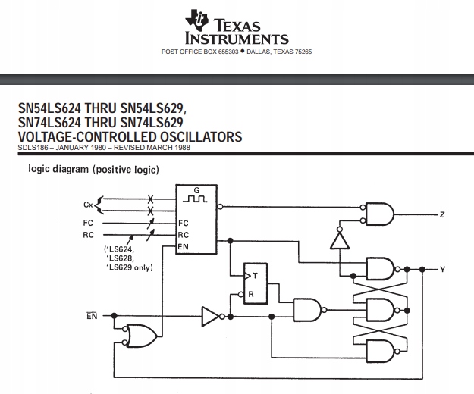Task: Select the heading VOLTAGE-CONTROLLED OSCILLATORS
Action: [130, 137]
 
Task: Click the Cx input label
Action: [88, 205]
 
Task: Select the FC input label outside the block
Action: [88, 223]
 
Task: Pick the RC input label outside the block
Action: [88, 235]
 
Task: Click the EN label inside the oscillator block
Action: [183, 247]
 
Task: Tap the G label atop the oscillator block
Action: [196, 190]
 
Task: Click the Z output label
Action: [441, 215]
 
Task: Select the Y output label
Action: [442, 269]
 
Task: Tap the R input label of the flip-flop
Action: [251, 292]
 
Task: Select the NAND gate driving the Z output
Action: [380, 215]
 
